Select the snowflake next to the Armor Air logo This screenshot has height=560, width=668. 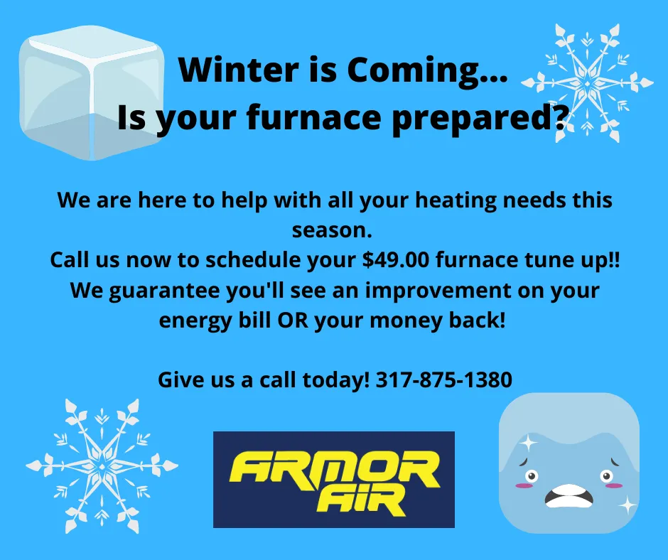(102, 465)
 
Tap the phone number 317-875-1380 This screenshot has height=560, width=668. (443, 380)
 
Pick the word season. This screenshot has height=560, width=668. (332, 230)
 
